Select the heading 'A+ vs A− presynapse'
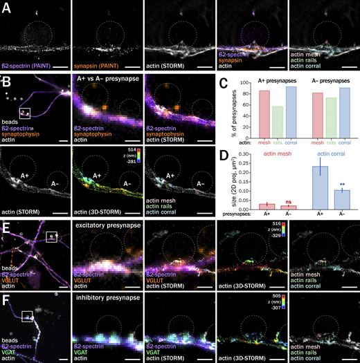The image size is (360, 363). (x=109, y=78)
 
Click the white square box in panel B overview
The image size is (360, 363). (x=24, y=112)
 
